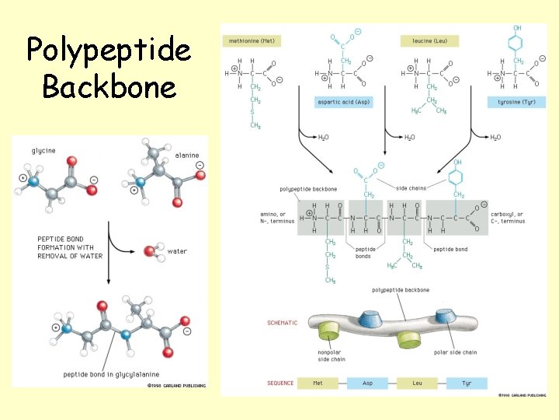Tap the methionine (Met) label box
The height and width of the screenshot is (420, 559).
pyautogui.click(x=251, y=40)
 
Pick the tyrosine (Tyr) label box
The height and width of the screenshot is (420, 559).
pyautogui.click(x=516, y=102)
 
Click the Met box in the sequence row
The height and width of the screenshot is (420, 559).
pyautogui.click(x=318, y=383)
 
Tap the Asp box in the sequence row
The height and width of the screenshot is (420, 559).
pyautogui.click(x=367, y=383)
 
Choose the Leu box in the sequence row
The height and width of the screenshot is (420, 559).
pyautogui.click(x=418, y=383)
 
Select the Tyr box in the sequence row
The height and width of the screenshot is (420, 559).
pyautogui.click(x=467, y=383)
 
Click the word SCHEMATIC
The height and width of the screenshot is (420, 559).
pyautogui.click(x=282, y=323)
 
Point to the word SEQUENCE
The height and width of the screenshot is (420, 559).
pyautogui.click(x=280, y=383)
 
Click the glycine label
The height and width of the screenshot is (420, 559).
pyautogui.click(x=43, y=150)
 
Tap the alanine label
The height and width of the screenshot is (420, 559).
pyautogui.click(x=187, y=155)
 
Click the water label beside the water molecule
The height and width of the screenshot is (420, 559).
pyautogui.click(x=177, y=251)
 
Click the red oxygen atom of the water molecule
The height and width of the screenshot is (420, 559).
pyautogui.click(x=148, y=251)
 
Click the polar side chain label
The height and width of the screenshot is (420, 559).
pyautogui.click(x=456, y=352)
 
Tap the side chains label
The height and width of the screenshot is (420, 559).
pyautogui.click(x=411, y=189)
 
